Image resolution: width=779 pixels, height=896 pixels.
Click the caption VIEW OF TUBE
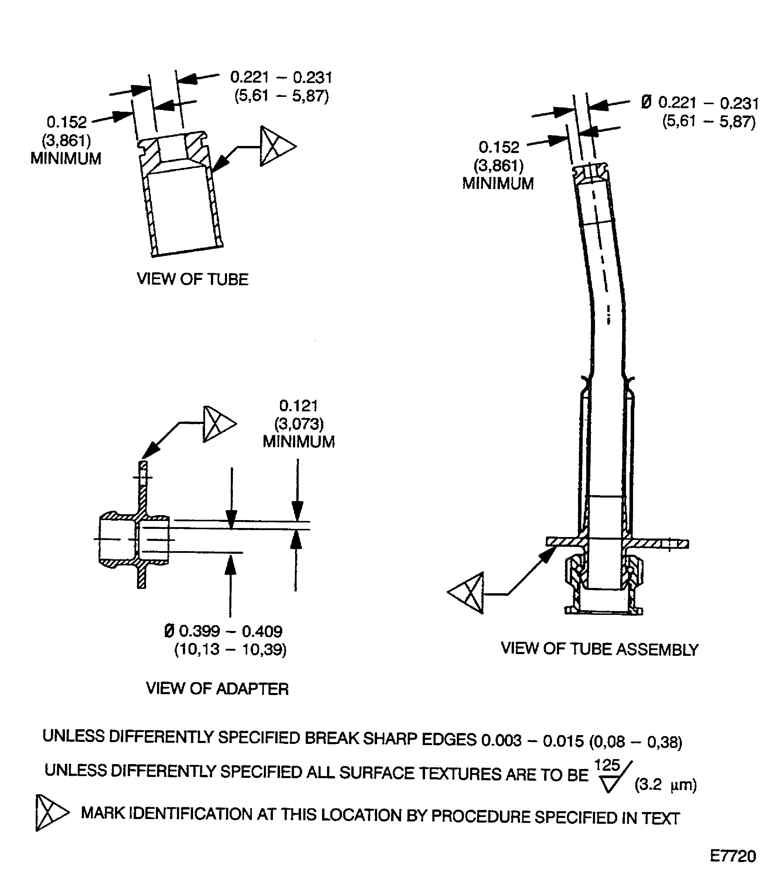[192, 279]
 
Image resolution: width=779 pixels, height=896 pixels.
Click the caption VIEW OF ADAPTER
[217, 689]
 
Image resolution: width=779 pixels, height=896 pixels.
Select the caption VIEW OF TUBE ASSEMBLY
[599, 649]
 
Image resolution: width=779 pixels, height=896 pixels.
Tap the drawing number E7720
[732, 856]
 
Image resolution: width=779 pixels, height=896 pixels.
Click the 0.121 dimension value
[298, 406]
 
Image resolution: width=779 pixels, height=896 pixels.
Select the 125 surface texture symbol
[611, 776]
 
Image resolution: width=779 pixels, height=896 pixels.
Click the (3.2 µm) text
[665, 785]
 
